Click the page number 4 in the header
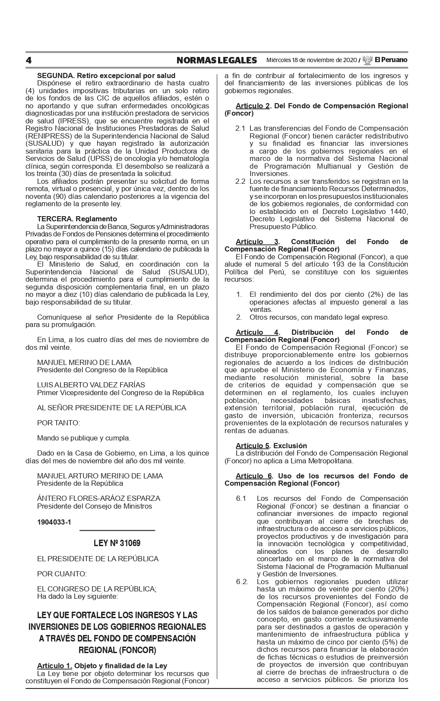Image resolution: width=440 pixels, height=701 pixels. click(x=28, y=60)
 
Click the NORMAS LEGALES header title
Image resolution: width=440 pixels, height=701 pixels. click(x=216, y=60)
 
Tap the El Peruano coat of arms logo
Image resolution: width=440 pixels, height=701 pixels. click(x=367, y=60)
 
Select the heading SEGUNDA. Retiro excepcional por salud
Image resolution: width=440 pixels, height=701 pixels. click(x=106, y=75)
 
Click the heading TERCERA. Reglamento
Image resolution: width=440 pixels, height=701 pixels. click(x=77, y=219)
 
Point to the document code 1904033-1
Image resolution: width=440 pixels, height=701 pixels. click(x=54, y=522)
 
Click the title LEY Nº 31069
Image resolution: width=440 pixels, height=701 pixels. click(x=117, y=543)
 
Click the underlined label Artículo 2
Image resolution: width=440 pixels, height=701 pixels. click(x=253, y=106)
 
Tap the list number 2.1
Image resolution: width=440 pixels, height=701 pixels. click(x=240, y=129)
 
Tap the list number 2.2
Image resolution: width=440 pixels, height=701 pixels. click(x=240, y=181)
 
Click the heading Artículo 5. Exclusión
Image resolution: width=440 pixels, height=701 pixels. click(x=271, y=445)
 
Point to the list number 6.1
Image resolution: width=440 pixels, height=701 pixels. click(x=241, y=498)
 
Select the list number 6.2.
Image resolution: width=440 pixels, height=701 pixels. click(x=242, y=582)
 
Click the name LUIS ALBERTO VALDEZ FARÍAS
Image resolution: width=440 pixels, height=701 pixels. click(x=91, y=385)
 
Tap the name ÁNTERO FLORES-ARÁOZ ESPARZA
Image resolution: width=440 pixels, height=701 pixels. click(x=98, y=498)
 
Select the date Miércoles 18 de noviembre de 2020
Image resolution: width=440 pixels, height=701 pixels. click(x=311, y=60)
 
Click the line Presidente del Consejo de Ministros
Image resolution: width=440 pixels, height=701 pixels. click(x=95, y=506)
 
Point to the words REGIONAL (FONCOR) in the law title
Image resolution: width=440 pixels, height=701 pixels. click(x=117, y=650)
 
